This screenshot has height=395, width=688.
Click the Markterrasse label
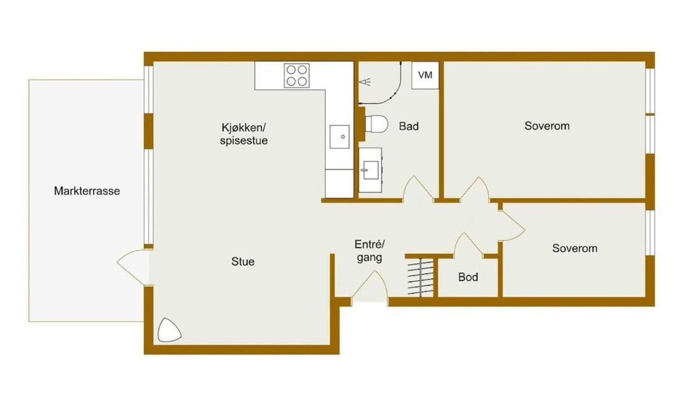(x=87, y=191)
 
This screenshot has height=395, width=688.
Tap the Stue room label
(x=243, y=262)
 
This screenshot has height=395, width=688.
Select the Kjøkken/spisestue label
(x=244, y=134)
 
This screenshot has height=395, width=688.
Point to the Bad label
(x=408, y=126)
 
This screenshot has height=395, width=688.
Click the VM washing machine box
(x=425, y=75)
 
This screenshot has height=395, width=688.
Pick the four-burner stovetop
(x=297, y=75)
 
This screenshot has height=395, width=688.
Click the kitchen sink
(x=340, y=136)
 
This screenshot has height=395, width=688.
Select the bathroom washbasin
(x=371, y=170)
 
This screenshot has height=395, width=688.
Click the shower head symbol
(x=365, y=82)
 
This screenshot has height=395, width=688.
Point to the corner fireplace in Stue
(x=169, y=330)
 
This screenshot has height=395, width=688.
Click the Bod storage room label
(x=468, y=277)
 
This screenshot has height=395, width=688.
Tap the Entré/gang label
(x=369, y=251)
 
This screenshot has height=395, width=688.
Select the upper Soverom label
(x=547, y=126)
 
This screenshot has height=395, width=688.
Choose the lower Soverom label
(x=575, y=248)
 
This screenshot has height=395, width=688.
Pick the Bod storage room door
(x=468, y=243)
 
